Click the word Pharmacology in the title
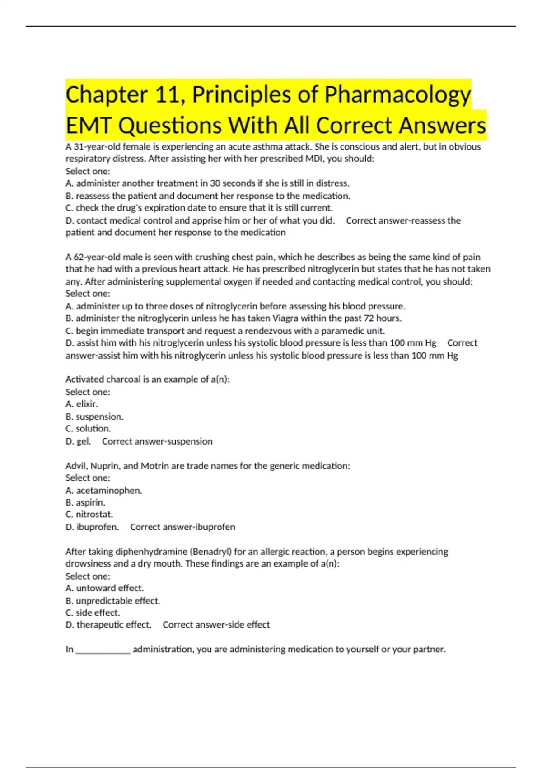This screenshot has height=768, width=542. pyautogui.click(x=397, y=95)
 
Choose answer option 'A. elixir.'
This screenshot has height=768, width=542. pyautogui.click(x=82, y=404)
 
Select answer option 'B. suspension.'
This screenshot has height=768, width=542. pyautogui.click(x=94, y=417)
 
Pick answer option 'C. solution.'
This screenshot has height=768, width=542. pyautogui.click(x=88, y=429)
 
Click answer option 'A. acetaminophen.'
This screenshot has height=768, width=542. pyautogui.click(x=104, y=491)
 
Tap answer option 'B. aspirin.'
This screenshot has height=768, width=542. pyautogui.click(x=85, y=502)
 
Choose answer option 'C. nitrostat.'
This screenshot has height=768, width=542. pyautogui.click(x=89, y=515)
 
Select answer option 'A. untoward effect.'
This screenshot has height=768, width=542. pyautogui.click(x=105, y=588)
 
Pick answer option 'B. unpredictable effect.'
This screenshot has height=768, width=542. pyautogui.click(x=113, y=601)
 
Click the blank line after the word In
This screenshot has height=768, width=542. pyautogui.click(x=103, y=650)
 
